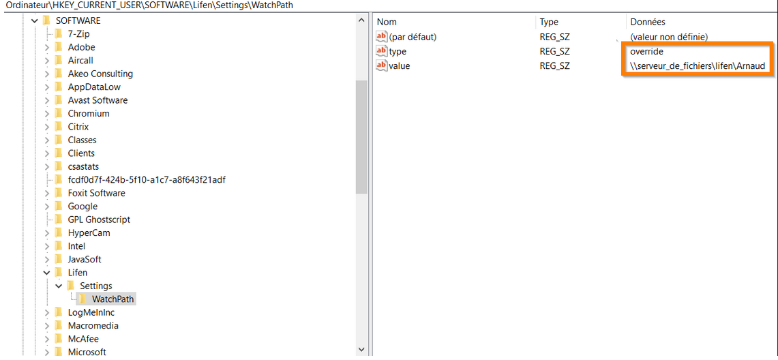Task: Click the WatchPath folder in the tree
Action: click(x=113, y=299)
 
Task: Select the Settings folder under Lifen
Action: click(x=95, y=286)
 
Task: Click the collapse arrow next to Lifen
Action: click(x=46, y=273)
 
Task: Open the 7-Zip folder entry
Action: click(x=79, y=33)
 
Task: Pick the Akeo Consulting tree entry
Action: click(x=100, y=74)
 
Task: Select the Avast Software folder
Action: click(x=98, y=100)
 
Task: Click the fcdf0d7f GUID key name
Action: click(x=147, y=179)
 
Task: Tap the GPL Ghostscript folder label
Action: click(x=100, y=220)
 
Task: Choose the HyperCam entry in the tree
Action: click(x=89, y=232)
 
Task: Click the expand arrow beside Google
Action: click(x=46, y=207)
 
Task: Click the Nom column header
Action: click(x=387, y=22)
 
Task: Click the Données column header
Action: click(x=648, y=22)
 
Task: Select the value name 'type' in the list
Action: click(x=398, y=51)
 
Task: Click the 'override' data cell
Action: click(x=646, y=51)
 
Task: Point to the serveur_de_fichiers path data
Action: click(x=697, y=65)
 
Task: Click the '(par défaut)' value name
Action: click(x=413, y=37)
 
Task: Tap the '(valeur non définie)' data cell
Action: click(x=669, y=37)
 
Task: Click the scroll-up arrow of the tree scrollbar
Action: click(x=361, y=20)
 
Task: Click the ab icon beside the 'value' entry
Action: click(x=382, y=65)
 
